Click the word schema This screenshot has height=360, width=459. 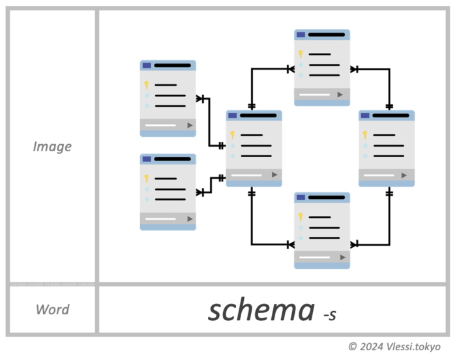tap(261, 310)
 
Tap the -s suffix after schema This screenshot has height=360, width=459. tap(329, 315)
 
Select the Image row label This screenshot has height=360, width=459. tap(52, 146)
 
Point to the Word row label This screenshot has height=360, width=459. tap(52, 309)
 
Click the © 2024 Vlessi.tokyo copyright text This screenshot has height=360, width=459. tap(394, 346)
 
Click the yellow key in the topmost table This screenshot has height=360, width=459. tap(301, 54)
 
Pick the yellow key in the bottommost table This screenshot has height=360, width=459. tap(301, 217)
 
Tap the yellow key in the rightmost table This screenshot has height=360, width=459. tap(365, 135)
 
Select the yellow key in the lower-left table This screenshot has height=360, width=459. tap(147, 178)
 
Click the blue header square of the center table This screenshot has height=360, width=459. tap(232, 115)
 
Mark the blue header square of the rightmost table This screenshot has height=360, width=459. tap(364, 115)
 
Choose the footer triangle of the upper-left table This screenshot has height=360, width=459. tap(190, 125)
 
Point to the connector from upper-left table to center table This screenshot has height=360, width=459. tap(209, 124)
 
